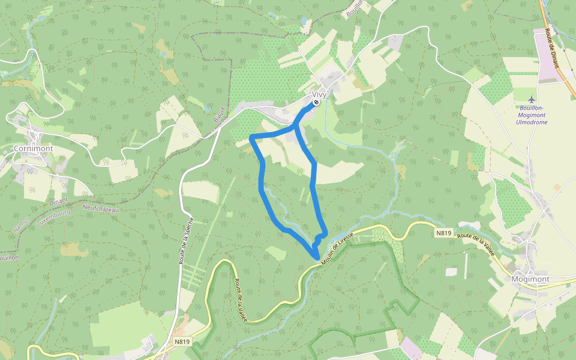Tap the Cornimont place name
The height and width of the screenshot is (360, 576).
(33, 148)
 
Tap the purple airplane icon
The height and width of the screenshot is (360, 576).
(531, 98)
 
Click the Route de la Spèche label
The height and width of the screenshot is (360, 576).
(185, 240)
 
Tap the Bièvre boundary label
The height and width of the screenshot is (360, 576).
(218, 115)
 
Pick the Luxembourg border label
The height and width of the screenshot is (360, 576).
(53, 217)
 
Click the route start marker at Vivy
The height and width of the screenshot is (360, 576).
(316, 103)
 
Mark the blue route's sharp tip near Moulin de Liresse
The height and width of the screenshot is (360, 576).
(316, 258)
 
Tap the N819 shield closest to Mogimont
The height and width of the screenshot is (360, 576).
(443, 233)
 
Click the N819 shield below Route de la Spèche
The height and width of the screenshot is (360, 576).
(182, 342)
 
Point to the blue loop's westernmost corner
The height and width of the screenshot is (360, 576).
(251, 139)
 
